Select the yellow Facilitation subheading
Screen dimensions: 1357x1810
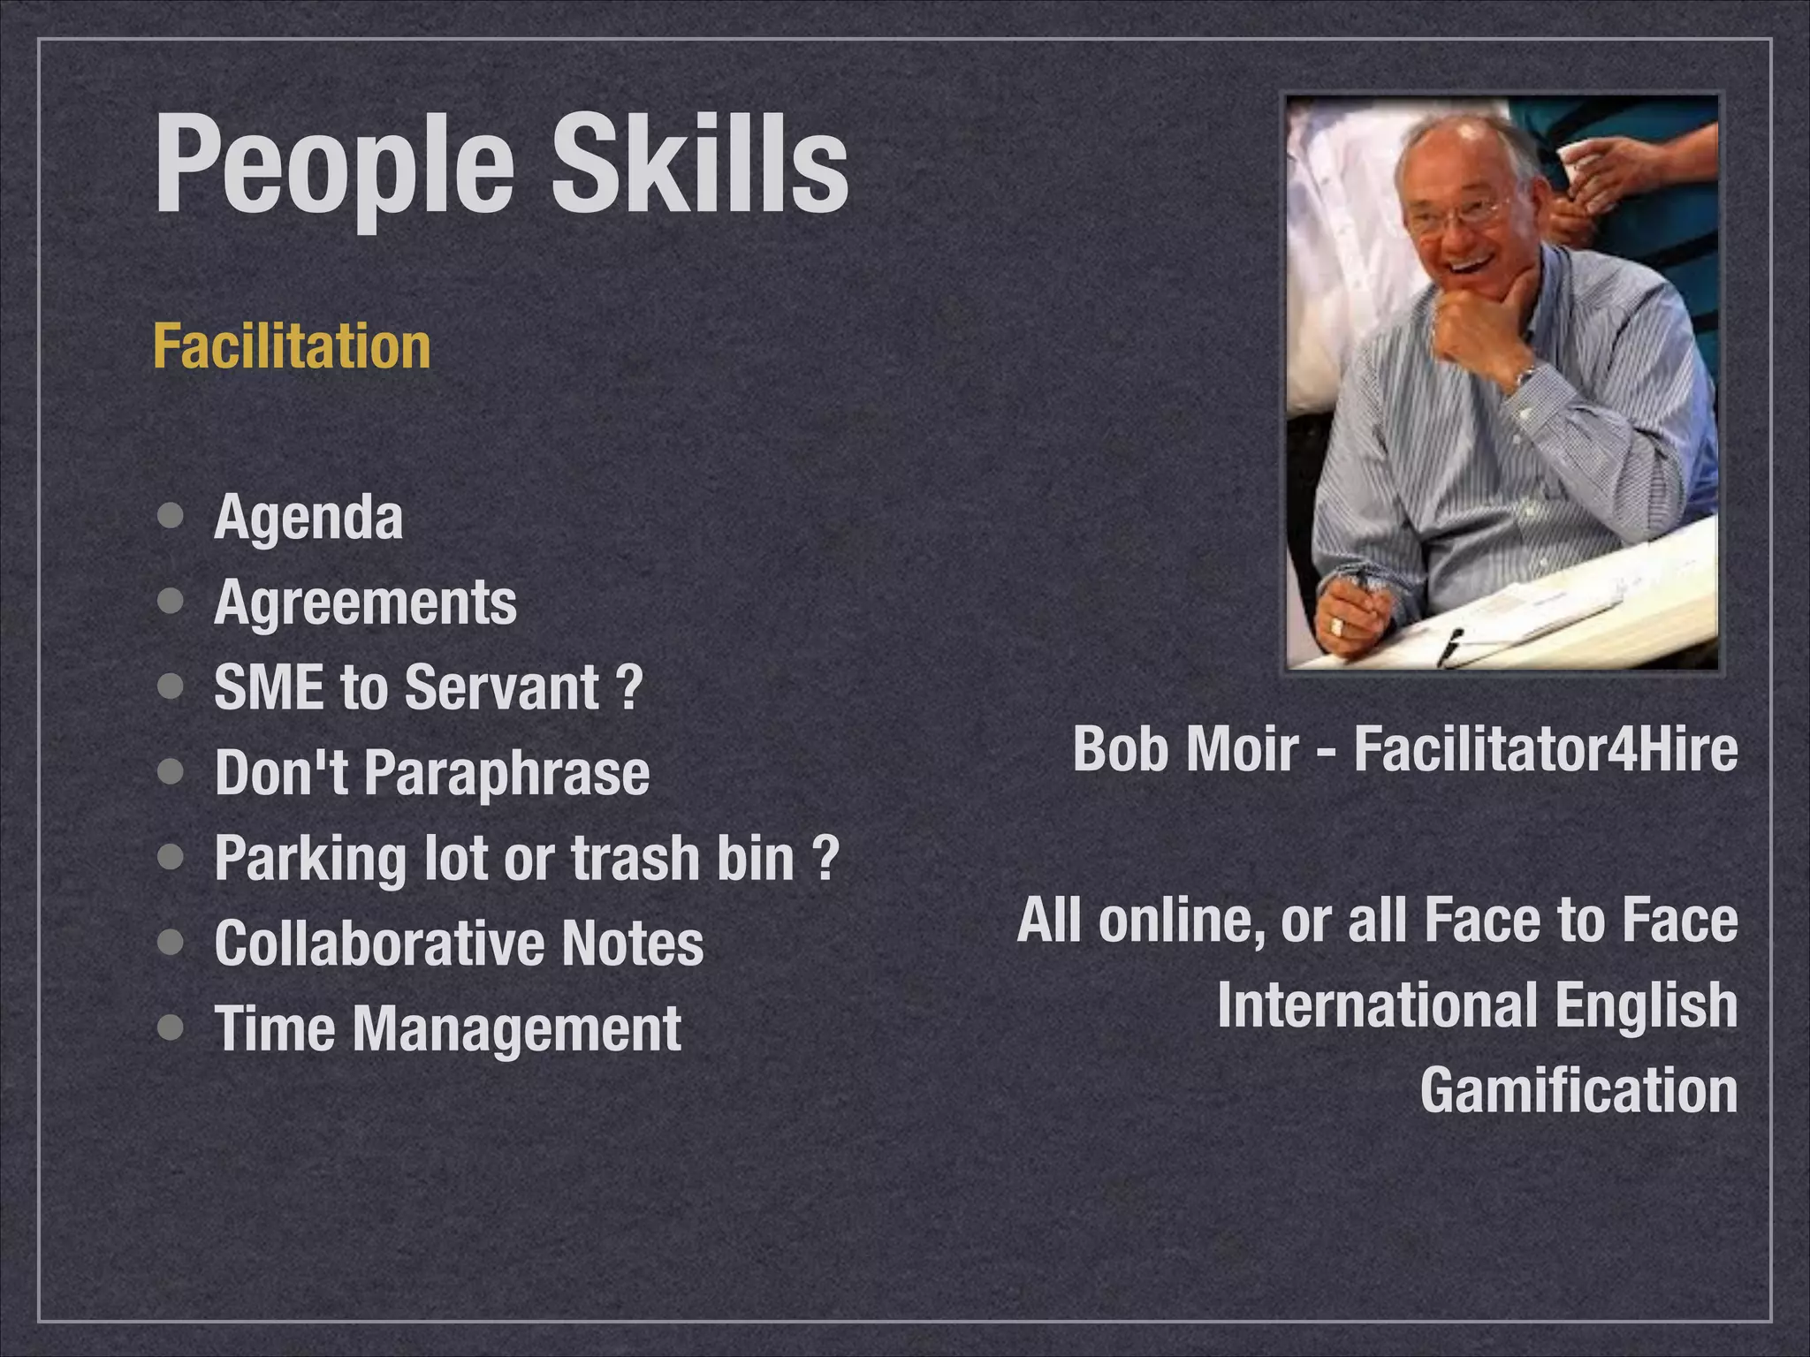point(292,346)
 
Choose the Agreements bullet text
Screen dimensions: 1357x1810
point(365,603)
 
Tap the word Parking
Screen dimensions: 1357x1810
point(309,859)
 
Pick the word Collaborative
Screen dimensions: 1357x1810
point(379,944)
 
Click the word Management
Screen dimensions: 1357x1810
point(517,1029)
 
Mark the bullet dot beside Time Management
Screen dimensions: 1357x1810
point(171,1027)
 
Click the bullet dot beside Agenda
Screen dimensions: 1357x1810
point(171,515)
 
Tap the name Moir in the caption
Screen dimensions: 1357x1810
point(1242,748)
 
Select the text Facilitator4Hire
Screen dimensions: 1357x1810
point(1545,748)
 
